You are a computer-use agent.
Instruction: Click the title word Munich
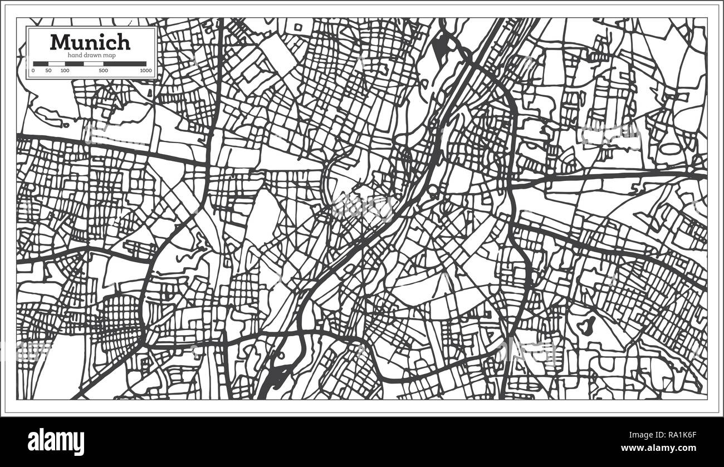pos(90,42)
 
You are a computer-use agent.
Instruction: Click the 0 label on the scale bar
pos(33,71)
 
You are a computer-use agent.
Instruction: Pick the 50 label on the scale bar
pos(48,71)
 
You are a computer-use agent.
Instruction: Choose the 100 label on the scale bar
pos(65,71)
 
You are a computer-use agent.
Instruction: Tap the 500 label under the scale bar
pos(103,71)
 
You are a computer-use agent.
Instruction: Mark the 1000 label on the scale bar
pos(145,71)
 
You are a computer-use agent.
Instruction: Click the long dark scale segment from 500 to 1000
pos(125,64)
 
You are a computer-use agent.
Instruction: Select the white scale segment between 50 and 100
pos(57,64)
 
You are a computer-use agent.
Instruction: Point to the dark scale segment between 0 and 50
pos(41,64)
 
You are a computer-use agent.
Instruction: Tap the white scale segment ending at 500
pos(94,64)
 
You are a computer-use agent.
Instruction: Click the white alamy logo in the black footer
pos(56,441)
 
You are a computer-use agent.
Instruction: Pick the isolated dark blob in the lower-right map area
pos(586,325)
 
